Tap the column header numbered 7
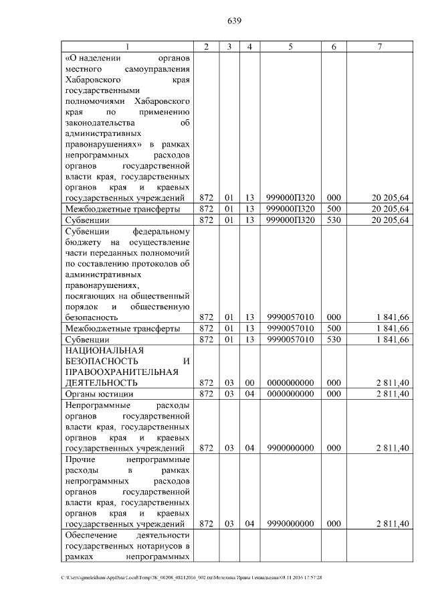(x=379, y=46)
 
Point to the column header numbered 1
(x=127, y=46)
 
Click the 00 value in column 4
(x=249, y=382)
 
